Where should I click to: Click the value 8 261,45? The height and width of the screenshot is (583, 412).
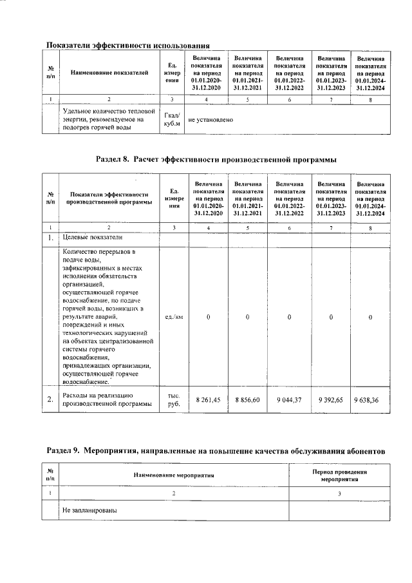(x=208, y=400)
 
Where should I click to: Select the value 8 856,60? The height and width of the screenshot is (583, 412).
(x=248, y=400)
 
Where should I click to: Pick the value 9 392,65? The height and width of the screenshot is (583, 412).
(x=331, y=400)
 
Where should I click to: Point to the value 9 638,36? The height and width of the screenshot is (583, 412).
(x=370, y=400)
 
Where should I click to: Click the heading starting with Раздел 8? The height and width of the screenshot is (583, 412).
(x=216, y=159)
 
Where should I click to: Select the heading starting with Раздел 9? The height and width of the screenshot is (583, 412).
(x=216, y=452)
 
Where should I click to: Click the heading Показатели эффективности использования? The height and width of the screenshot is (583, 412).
(x=129, y=45)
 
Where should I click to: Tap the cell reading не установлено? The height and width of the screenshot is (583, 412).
(x=211, y=120)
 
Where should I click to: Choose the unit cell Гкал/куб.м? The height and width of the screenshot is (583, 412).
(x=172, y=119)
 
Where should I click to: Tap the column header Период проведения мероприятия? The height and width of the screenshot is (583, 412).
(x=339, y=475)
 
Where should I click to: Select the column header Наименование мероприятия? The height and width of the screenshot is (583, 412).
(x=174, y=475)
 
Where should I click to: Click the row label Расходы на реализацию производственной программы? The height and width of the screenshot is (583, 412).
(x=106, y=400)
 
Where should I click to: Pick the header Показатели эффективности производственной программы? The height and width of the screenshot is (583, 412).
(x=109, y=197)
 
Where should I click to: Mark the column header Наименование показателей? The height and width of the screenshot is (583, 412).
(x=109, y=73)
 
